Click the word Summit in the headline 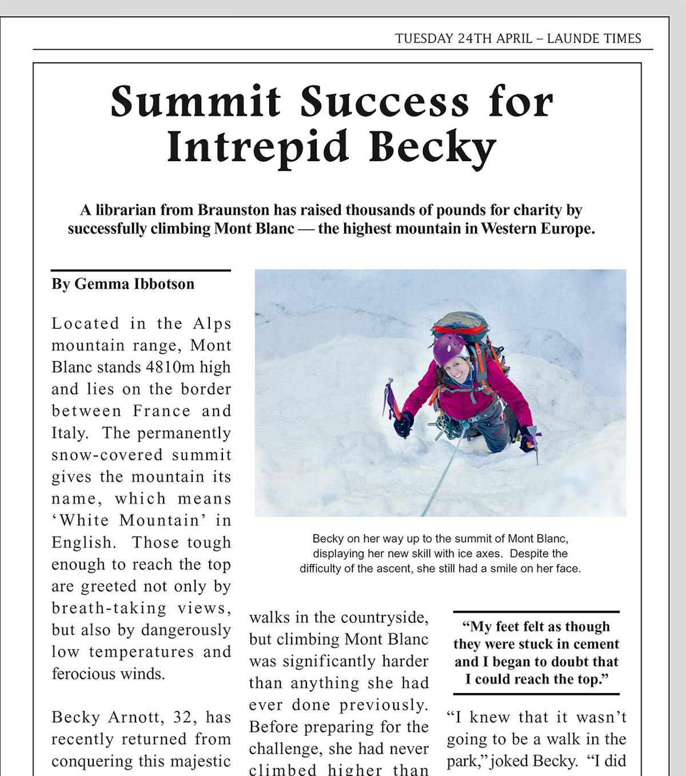(x=196, y=102)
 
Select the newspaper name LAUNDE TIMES (x=594, y=39)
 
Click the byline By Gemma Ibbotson (x=123, y=284)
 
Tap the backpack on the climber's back (x=466, y=329)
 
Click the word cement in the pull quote (x=595, y=644)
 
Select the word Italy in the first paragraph (x=69, y=433)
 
